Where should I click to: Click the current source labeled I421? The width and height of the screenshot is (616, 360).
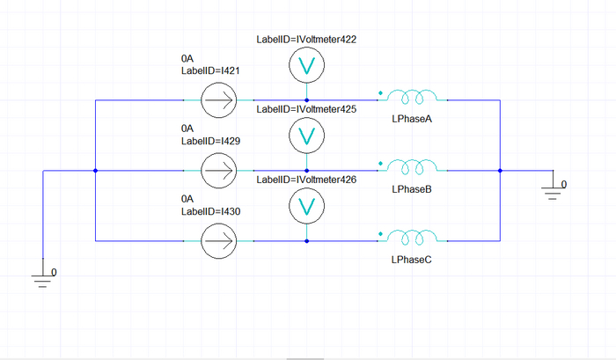(218, 100)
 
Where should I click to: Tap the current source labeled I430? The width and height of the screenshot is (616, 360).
(218, 239)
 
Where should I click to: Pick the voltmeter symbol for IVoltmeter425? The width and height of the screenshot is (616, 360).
(306, 135)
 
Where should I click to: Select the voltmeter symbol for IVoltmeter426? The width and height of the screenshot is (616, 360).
(306, 205)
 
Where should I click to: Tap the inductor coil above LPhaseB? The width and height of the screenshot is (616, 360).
(414, 165)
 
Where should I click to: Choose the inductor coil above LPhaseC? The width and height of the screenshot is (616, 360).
(414, 236)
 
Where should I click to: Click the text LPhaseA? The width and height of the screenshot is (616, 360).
(411, 120)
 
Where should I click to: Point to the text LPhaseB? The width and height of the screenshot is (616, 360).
(411, 190)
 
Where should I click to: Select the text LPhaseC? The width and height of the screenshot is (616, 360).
(411, 261)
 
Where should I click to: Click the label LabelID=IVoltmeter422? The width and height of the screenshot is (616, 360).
(306, 40)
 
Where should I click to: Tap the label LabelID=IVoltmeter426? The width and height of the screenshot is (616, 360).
(306, 180)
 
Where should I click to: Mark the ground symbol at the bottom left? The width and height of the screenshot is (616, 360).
(43, 279)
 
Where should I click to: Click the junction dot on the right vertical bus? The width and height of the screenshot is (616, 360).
(500, 170)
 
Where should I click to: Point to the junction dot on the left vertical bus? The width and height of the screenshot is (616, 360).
(95, 170)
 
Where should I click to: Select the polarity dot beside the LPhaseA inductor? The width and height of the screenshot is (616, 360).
(379, 92)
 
